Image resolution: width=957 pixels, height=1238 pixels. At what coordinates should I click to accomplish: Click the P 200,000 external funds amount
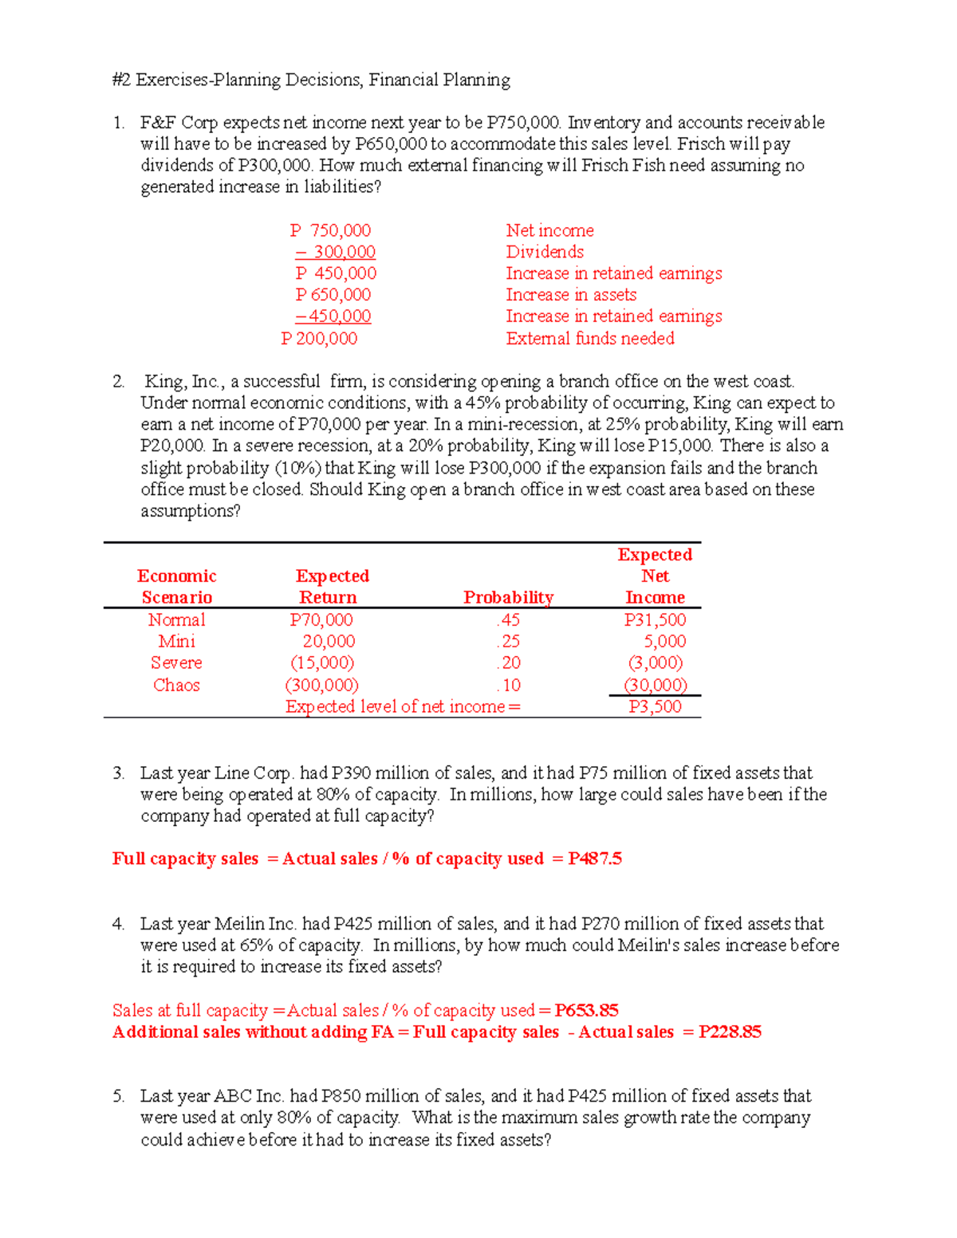[319, 339]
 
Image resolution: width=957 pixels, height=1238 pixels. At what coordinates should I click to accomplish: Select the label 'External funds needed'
[590, 339]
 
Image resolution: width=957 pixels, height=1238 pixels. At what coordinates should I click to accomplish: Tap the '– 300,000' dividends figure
[335, 252]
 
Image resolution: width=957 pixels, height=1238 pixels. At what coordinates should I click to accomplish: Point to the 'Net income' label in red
[549, 230]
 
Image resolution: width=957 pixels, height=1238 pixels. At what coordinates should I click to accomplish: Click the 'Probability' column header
[508, 597]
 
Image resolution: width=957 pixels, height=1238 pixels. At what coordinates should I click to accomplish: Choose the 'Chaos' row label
[176, 685]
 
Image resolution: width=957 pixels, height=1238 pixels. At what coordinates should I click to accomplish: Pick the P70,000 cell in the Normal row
[321, 619]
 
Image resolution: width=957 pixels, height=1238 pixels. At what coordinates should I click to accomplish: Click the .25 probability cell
[508, 641]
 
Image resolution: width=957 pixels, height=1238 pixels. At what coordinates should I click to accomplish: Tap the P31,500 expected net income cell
[655, 619]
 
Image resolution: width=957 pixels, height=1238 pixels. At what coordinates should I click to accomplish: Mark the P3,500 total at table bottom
[655, 706]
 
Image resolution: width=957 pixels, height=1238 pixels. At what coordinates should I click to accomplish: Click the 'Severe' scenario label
[176, 662]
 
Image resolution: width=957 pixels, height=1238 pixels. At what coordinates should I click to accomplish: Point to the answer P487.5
[595, 859]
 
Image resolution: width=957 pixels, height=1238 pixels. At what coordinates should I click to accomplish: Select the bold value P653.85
[586, 1010]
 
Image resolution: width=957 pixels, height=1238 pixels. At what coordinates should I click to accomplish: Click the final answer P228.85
[730, 1032]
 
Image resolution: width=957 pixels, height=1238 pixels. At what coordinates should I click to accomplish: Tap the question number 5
[118, 1096]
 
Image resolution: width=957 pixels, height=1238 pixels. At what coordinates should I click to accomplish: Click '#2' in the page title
[122, 80]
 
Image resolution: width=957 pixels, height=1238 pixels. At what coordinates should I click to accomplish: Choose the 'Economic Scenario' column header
[176, 587]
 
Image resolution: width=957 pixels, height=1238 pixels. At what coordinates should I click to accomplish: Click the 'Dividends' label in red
[545, 252]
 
